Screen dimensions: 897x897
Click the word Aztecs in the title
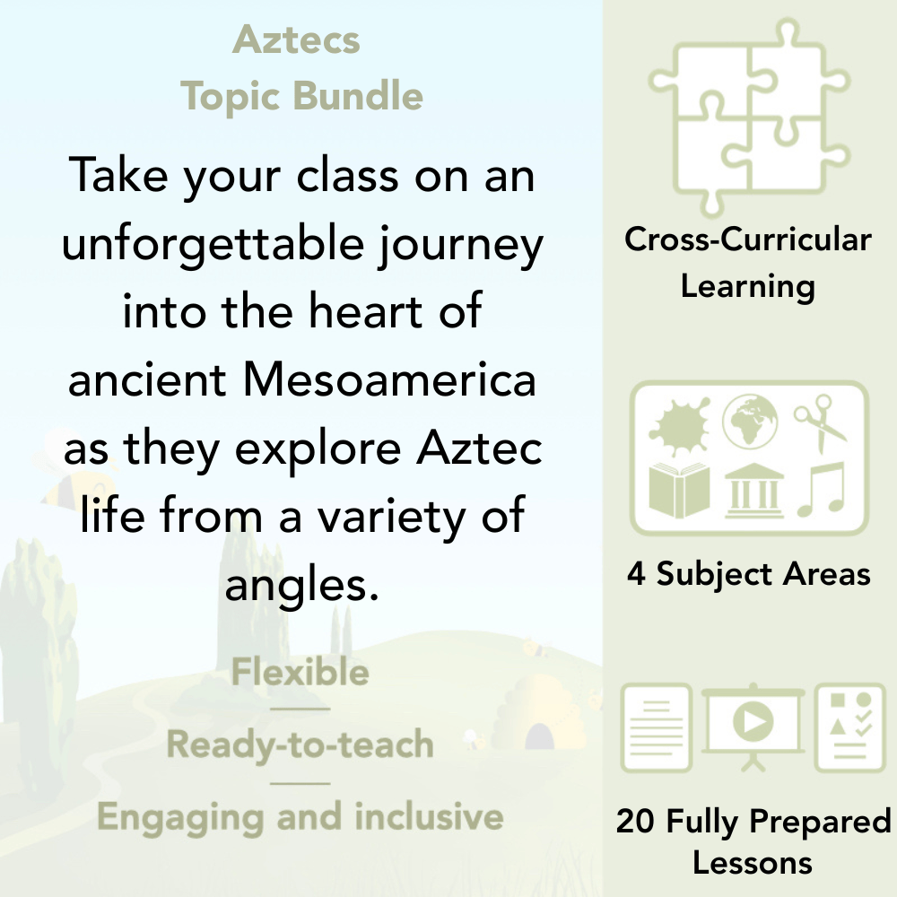point(296,41)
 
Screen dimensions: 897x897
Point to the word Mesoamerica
point(390,379)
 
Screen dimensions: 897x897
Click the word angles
point(297,588)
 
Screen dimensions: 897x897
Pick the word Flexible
point(300,672)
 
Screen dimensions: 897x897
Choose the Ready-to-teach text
point(300,745)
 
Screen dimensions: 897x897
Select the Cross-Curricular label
point(748,240)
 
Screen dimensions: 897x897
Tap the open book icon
point(679,489)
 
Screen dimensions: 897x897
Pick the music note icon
point(821,488)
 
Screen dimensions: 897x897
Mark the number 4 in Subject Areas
point(635,574)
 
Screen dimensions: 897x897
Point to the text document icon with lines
point(656,727)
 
